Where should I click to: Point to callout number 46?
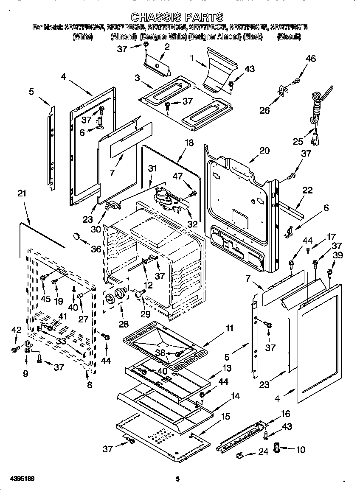coord(311,59)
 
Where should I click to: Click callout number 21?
coord(22,193)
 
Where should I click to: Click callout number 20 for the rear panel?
coord(264,150)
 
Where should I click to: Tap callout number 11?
coord(230,328)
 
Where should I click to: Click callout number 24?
coord(263,452)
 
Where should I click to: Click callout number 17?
coord(331,237)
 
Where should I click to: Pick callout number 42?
coord(16,330)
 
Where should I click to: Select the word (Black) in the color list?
coord(253,37)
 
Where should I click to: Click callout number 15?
coord(226,417)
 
